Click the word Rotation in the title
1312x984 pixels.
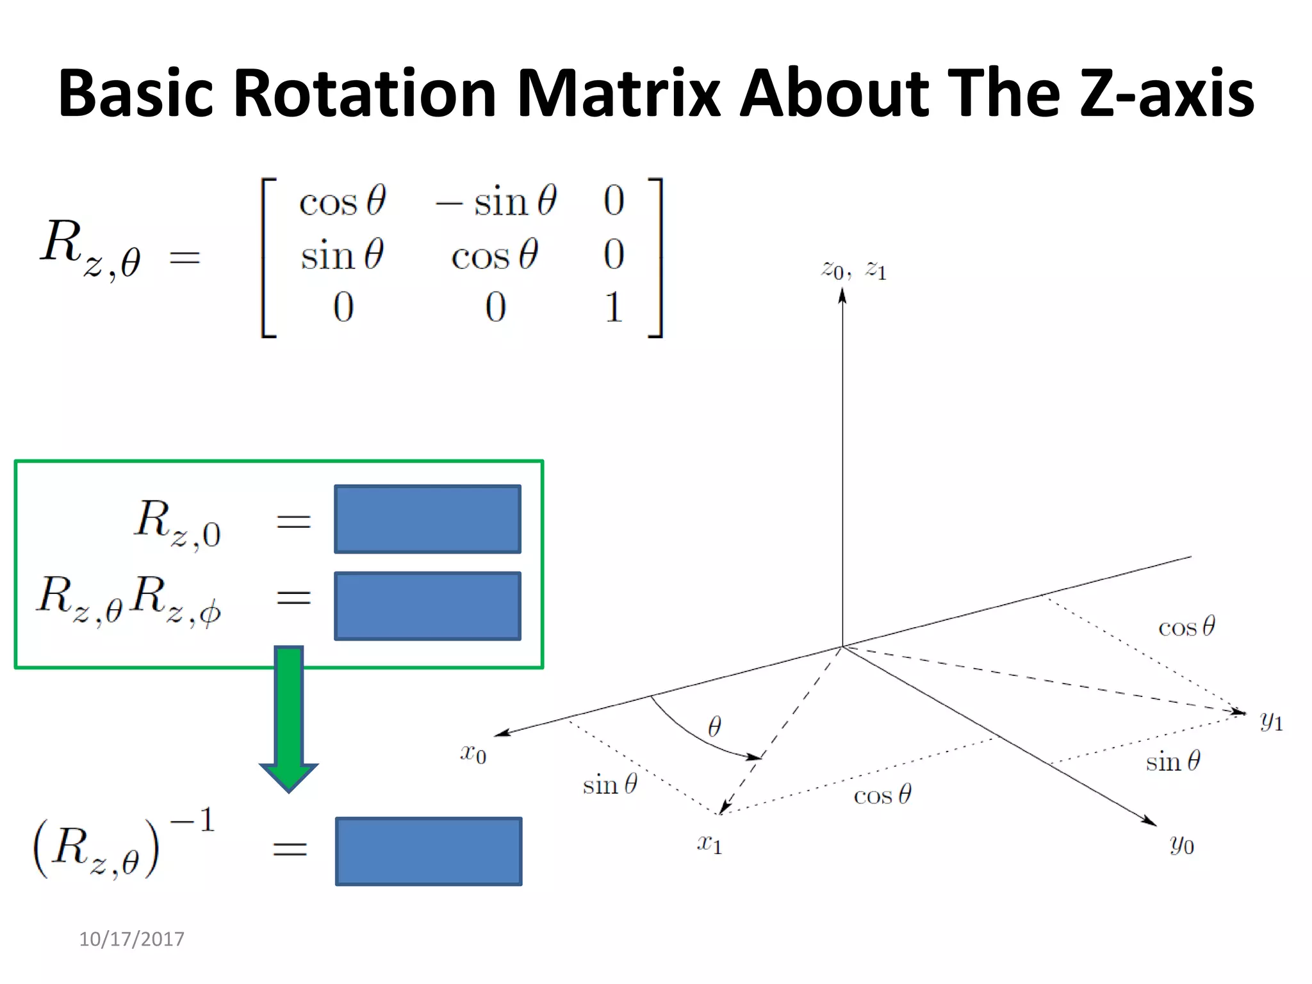click(x=365, y=94)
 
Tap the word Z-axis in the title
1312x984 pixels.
click(x=1166, y=94)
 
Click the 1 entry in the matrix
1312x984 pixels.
click(x=613, y=307)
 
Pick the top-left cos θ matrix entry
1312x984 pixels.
click(x=342, y=202)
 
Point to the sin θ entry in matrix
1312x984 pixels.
click(x=342, y=255)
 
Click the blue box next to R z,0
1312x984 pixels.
click(x=427, y=519)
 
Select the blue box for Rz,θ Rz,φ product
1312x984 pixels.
click(x=427, y=606)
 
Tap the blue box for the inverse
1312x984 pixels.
click(x=428, y=851)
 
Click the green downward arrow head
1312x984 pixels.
click(x=288, y=776)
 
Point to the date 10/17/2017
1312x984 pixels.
click(x=131, y=939)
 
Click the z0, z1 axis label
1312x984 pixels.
click(x=854, y=270)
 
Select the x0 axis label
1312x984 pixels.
click(x=473, y=753)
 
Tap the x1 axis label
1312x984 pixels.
click(x=709, y=844)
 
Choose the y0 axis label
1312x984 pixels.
click(x=1181, y=845)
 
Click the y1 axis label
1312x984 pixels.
click(x=1271, y=721)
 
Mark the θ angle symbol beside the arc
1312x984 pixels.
click(x=714, y=726)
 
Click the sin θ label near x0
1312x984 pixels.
click(x=609, y=785)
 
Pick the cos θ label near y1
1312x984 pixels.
click(x=1186, y=627)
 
